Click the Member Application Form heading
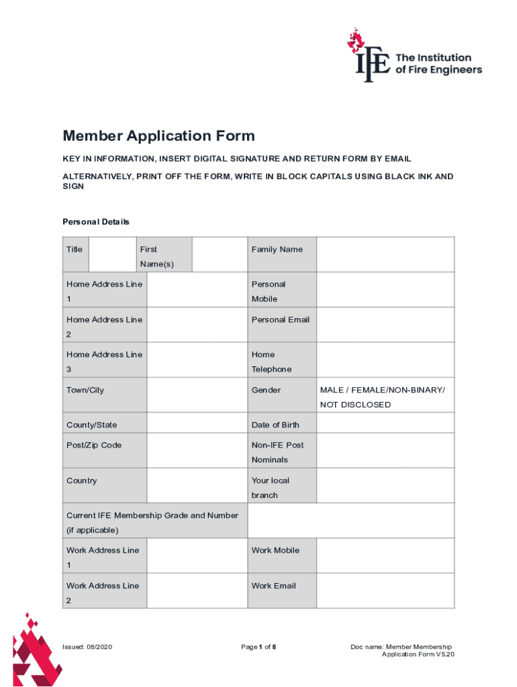point(158,136)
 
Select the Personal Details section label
point(96,221)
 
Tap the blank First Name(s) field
point(219,254)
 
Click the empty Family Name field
point(385,254)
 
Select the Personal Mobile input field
point(385,290)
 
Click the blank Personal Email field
point(385,325)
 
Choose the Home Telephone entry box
point(385,360)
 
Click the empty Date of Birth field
point(385,423)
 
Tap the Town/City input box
point(197,394)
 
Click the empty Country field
point(197,486)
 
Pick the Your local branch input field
point(385,486)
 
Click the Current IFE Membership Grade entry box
point(351,521)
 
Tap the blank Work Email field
point(385,590)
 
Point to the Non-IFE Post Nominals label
point(277,452)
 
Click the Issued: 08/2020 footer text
point(87,647)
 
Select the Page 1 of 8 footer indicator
point(258,647)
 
